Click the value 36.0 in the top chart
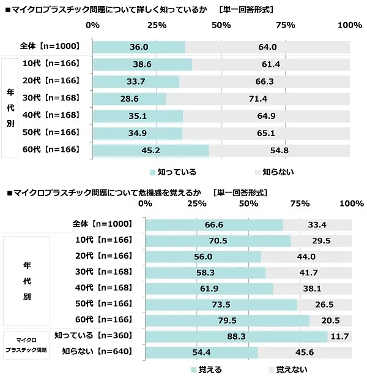139,47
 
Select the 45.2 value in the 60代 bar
150,150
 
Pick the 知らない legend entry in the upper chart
275,172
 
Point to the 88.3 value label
236,336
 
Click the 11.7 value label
341,336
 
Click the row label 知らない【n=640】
98,352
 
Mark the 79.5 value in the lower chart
227,319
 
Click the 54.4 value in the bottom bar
201,352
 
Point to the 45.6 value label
304,352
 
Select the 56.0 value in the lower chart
203,256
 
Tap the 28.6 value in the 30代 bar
129,99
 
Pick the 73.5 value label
221,304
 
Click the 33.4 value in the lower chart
317,225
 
